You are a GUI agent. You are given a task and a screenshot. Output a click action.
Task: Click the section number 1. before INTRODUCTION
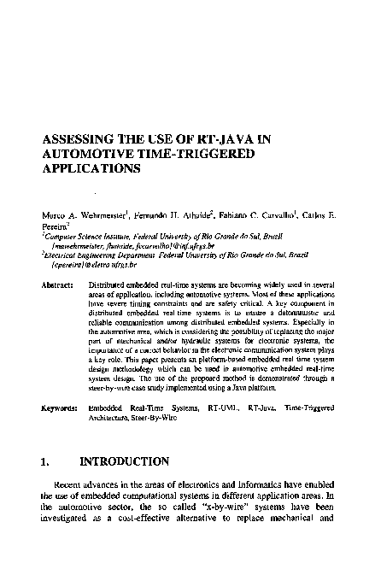pyautogui.click(x=47, y=462)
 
